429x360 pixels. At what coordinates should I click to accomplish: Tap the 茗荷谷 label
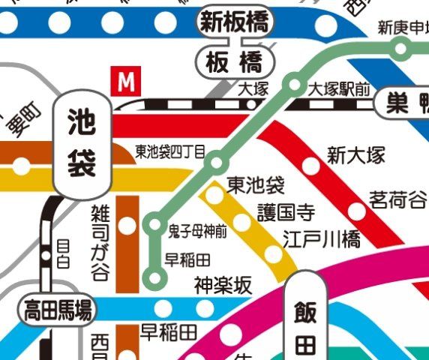(x=398, y=200)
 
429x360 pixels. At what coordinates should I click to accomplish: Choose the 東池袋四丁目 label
(x=170, y=151)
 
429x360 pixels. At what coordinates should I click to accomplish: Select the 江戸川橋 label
(x=322, y=239)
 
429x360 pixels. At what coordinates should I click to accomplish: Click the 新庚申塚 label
(x=402, y=29)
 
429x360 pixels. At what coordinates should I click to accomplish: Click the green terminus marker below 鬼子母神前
(x=155, y=278)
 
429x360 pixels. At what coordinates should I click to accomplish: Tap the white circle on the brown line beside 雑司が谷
(x=129, y=225)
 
